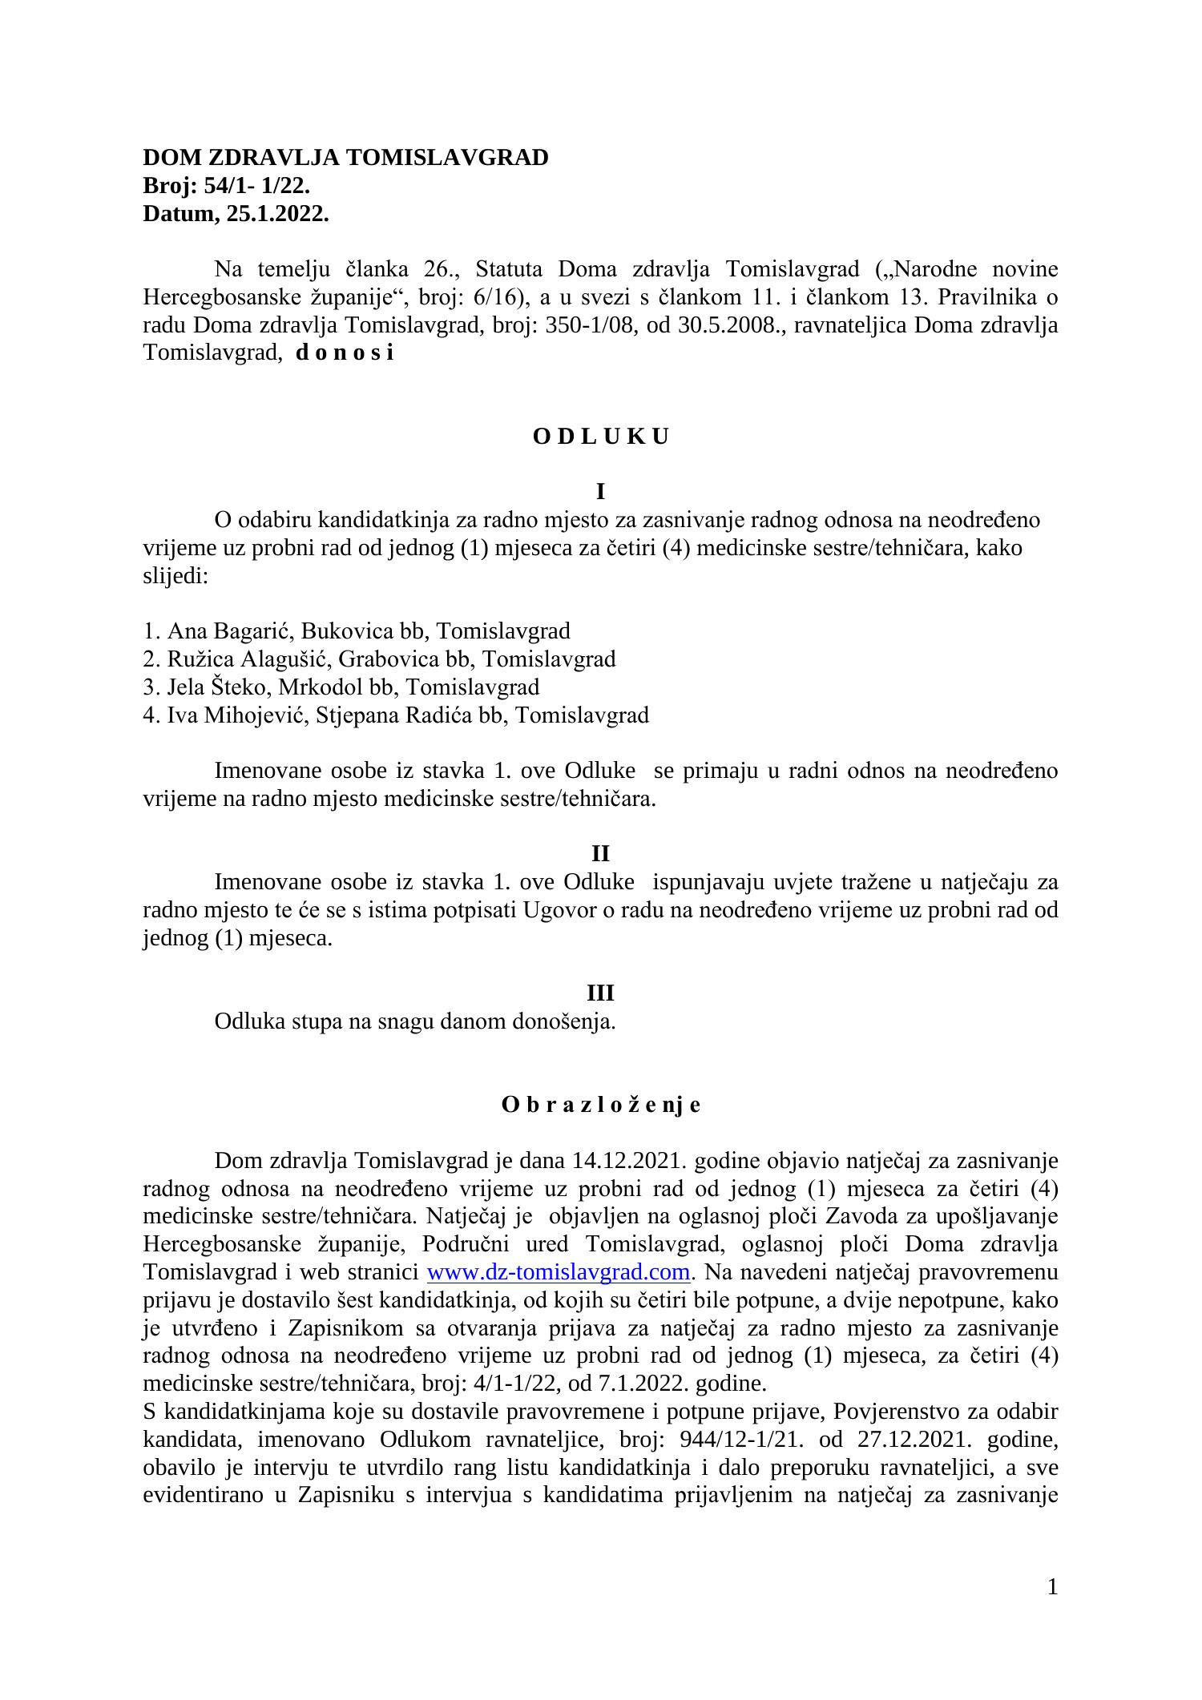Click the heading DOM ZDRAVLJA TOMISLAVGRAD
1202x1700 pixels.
point(345,158)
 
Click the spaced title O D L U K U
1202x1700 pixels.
point(600,437)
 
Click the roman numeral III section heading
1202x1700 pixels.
point(600,993)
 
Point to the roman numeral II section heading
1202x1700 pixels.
point(600,854)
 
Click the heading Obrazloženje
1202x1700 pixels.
point(600,1105)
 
